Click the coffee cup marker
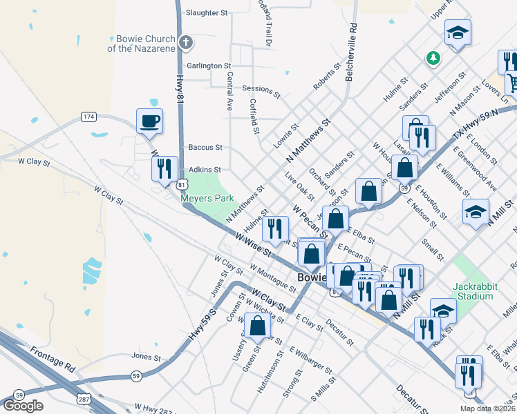tap(149, 121)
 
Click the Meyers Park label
tap(207, 198)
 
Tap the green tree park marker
tap(433, 59)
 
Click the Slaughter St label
tap(207, 12)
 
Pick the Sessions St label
tap(261, 89)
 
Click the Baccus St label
tap(205, 147)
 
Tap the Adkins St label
tap(205, 169)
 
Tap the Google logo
tap(23, 406)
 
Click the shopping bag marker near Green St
tap(257, 328)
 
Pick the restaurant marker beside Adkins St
tap(164, 168)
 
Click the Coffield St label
tap(254, 115)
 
